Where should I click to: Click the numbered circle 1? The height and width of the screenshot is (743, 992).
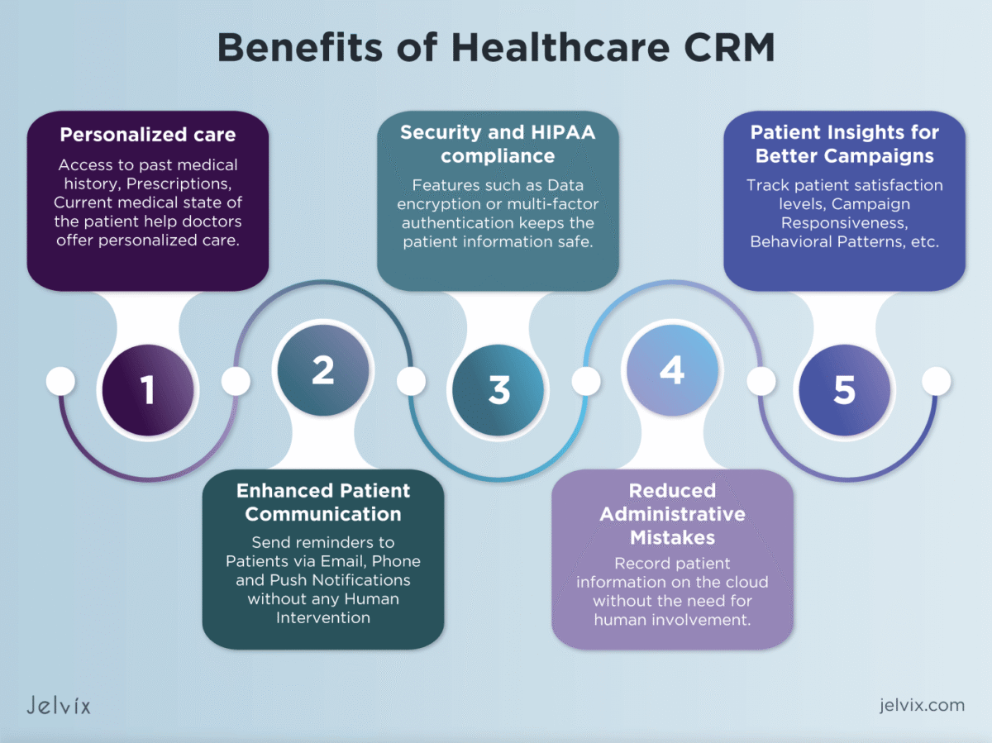coord(148,390)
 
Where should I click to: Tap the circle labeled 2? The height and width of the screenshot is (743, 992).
coord(323,370)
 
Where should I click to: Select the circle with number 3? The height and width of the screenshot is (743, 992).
coord(498,390)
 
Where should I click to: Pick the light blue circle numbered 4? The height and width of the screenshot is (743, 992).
coord(672,370)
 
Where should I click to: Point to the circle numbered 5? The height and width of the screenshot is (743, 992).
coord(844,390)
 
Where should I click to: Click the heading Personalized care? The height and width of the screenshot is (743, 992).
coord(148,135)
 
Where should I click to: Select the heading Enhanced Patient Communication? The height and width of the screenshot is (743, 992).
coord(323,502)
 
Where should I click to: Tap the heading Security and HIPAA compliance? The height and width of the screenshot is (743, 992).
coord(498,144)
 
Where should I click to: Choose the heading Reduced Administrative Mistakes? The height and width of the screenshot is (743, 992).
coord(672,514)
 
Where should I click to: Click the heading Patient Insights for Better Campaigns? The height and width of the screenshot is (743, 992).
coord(844,144)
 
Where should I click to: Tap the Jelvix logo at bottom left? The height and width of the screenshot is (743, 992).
coord(58,705)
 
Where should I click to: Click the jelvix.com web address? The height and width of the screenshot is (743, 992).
coord(922,705)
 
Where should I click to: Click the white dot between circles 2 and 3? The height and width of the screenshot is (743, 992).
coord(411,381)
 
